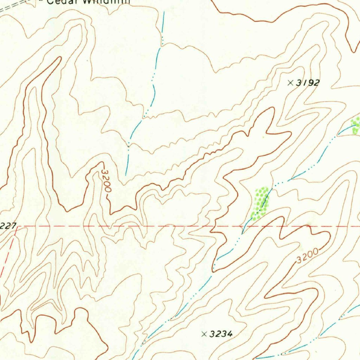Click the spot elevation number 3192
pos(308,83)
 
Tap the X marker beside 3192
pos(290,83)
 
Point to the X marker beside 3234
pos(204,334)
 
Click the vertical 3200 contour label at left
pos(106,181)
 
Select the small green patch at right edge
pos(356,126)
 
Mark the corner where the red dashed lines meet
pos(16,227)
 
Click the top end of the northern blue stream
pos(164,13)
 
